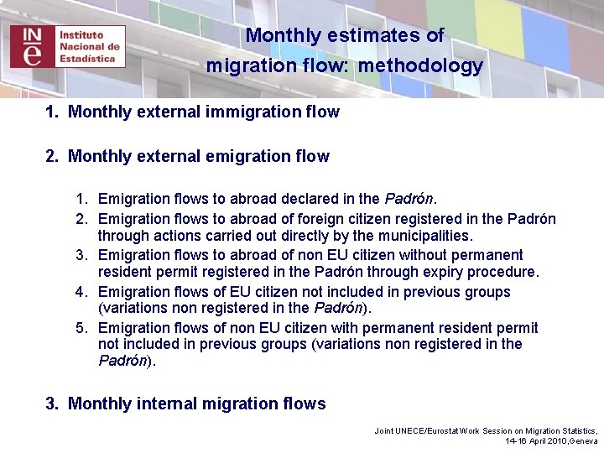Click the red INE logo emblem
[31, 46]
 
